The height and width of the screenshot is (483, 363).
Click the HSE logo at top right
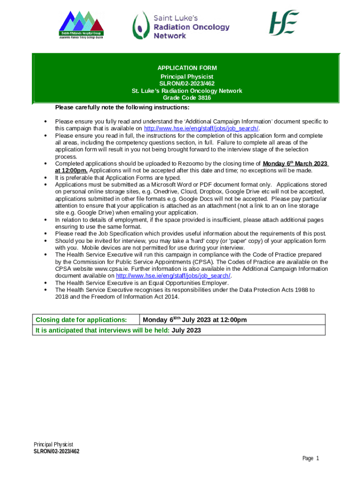click(284, 23)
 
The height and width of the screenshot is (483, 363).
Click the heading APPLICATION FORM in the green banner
click(187, 68)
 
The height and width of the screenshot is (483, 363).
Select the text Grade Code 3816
click(187, 98)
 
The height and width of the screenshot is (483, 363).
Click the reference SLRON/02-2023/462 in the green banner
click(187, 83)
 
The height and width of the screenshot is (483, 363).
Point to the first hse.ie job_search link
click(201, 129)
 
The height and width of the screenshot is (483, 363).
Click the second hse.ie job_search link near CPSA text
click(173, 276)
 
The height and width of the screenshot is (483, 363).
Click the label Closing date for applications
click(82, 320)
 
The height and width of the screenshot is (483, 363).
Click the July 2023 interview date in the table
click(186, 330)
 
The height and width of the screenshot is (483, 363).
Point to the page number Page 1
click(311, 458)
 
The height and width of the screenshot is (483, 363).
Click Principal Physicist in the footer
click(53, 445)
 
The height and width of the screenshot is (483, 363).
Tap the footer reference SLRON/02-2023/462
click(57, 451)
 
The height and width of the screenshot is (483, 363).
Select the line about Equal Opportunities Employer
click(142, 283)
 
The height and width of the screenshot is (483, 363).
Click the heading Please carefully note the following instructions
click(122, 107)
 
